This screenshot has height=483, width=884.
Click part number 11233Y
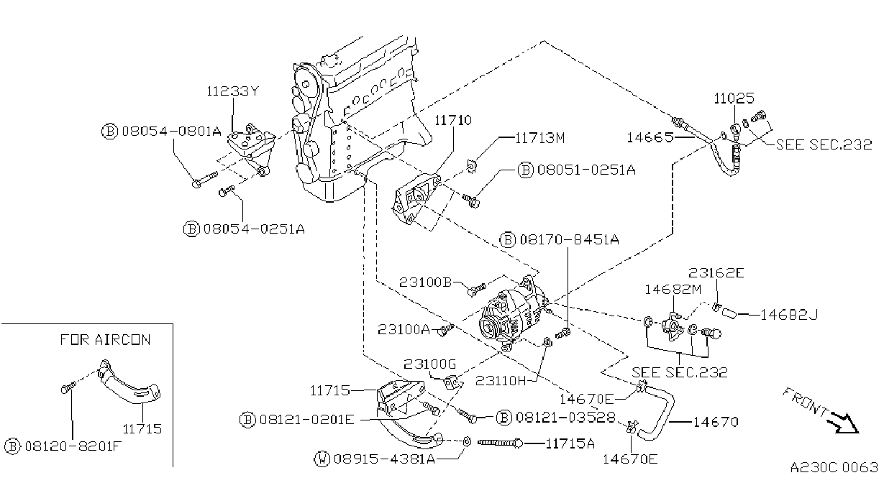pos(233,91)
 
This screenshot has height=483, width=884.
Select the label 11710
pos(453,120)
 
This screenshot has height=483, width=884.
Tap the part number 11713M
pos(540,138)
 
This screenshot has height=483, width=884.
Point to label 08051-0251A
pos(586,170)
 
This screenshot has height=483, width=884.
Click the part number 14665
pos(650,137)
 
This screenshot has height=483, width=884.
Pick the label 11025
pos(734,98)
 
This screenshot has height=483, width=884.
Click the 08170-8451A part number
pos(569,240)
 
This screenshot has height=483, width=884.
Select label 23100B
pos(425,282)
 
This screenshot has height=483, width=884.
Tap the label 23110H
pos(501,380)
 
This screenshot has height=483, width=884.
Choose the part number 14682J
pos(789,315)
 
